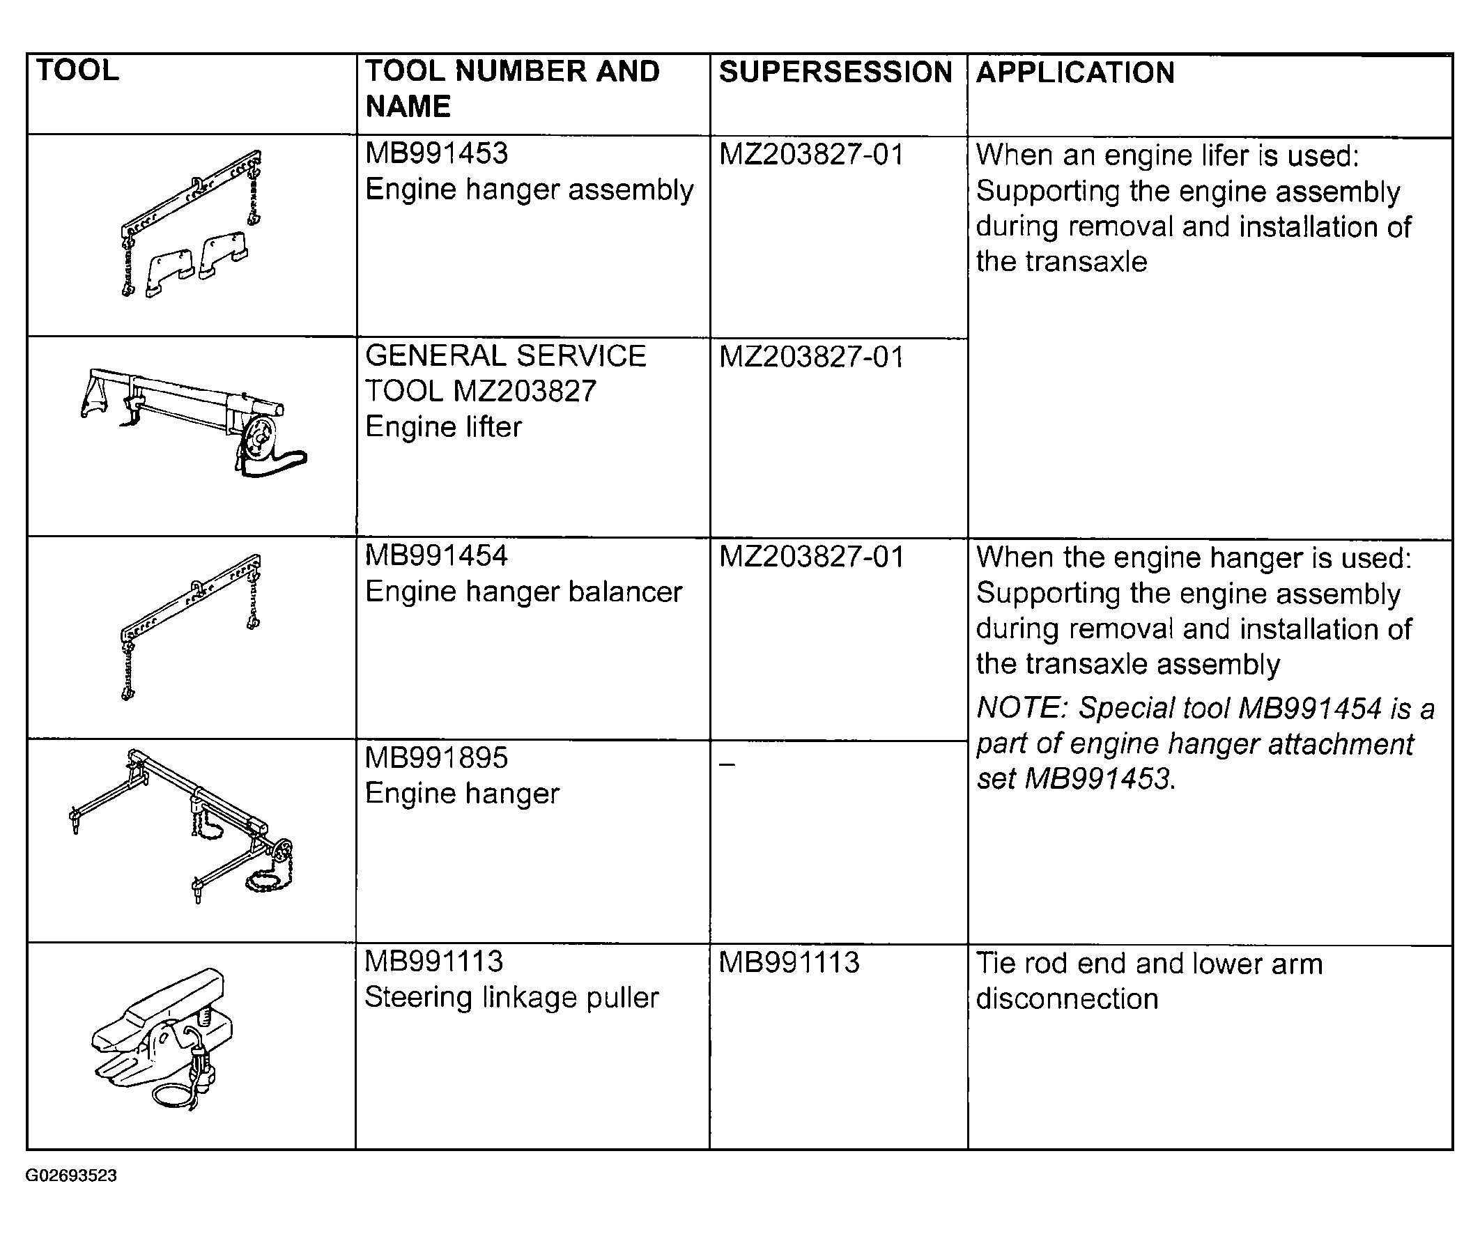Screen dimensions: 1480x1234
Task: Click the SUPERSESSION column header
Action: (x=835, y=72)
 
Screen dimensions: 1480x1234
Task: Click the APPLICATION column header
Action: (x=1075, y=72)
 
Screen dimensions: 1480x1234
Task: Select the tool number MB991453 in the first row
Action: (x=436, y=153)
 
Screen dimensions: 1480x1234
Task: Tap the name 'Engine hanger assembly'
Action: (x=530, y=190)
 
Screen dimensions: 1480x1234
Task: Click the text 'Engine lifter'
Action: (x=443, y=426)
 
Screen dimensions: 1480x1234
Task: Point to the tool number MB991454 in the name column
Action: (x=436, y=555)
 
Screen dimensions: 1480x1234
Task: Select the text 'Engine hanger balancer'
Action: (x=523, y=592)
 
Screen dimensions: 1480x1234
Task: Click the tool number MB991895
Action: (x=436, y=757)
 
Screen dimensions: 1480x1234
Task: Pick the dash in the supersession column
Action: (x=727, y=763)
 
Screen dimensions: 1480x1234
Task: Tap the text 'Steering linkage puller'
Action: (x=511, y=997)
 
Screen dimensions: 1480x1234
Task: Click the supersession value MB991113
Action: (x=789, y=962)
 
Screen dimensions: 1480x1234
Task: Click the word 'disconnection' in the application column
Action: (x=1067, y=998)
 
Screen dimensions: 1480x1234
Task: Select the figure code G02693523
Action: (x=71, y=1175)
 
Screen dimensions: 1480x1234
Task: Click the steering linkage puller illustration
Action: (x=162, y=1040)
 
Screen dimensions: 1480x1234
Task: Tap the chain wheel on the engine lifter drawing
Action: (x=260, y=438)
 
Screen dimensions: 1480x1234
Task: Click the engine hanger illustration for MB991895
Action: (x=182, y=826)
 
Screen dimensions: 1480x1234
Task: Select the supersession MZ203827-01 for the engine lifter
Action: (x=811, y=357)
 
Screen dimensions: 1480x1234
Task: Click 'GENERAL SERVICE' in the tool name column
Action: (x=505, y=356)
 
